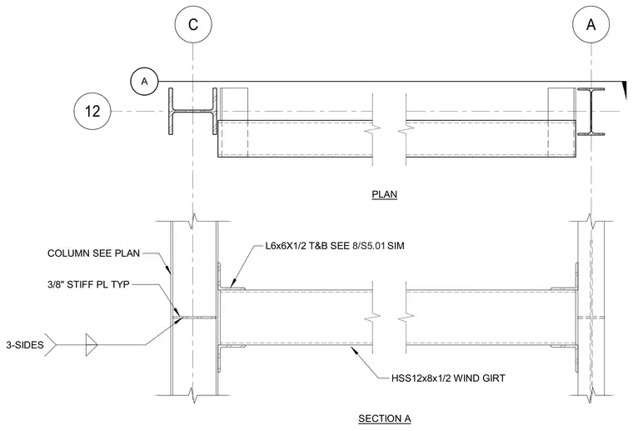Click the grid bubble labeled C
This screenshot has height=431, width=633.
pos(193,24)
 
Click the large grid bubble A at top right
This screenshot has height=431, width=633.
pos(591,24)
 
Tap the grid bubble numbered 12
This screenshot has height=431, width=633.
pos(92,111)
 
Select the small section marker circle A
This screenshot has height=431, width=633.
pos(144,82)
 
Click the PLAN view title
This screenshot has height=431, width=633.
pos(384,194)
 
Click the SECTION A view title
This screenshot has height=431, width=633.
pos(384,418)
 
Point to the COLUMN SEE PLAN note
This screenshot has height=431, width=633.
pos(93,253)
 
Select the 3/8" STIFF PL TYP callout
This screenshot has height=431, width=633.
pos(88,284)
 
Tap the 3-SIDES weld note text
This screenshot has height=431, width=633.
pos(25,345)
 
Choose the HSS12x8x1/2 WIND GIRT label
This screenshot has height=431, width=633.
pos(448,378)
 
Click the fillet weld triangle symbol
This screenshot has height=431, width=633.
pos(92,345)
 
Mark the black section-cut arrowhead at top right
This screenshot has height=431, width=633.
pos(625,90)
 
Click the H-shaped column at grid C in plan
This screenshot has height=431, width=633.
pos(193,111)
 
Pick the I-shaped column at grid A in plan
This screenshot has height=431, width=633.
pos(591,111)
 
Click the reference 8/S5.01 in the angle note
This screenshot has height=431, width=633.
pos(369,246)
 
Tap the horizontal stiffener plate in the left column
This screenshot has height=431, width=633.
pos(196,318)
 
